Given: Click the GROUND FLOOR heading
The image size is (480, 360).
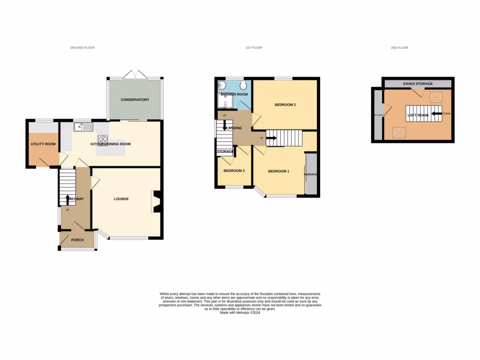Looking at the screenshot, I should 82,48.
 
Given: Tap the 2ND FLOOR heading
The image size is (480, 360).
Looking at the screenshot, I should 399,48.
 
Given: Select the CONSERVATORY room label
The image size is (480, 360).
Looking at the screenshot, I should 135,100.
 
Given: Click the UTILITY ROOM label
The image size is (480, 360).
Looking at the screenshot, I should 43,144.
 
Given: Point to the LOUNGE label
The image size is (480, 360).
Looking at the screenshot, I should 121,199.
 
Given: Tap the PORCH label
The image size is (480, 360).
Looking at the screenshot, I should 77,240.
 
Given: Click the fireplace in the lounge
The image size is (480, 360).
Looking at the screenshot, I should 157,202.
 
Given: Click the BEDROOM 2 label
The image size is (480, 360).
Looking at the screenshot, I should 285,105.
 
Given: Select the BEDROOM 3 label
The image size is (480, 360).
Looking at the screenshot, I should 234,171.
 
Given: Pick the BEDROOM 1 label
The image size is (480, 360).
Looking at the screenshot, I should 278,171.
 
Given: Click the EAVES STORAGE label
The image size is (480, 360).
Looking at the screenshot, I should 418,84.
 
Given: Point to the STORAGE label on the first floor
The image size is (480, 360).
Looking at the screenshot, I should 225,151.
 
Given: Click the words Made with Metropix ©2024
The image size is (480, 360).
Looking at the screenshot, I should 240,313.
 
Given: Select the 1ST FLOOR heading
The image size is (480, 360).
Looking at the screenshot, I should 254,48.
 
